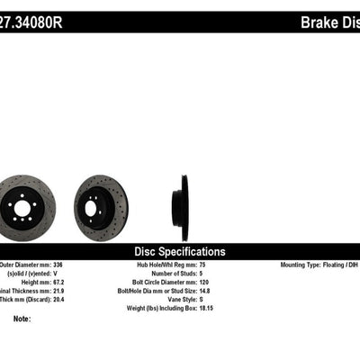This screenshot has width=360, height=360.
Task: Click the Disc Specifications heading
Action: [179, 251]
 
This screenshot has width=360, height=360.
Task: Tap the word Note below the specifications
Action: [22, 319]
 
